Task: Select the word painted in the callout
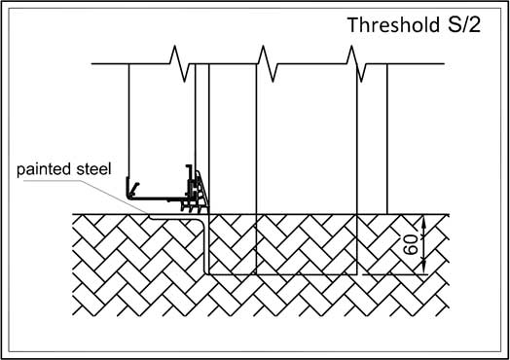tap(44, 169)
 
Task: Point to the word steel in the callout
tap(93, 169)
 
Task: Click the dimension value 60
tap(411, 244)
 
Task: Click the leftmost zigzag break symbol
tap(179, 64)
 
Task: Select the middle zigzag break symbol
tap(268, 64)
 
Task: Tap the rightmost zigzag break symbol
tap(356, 64)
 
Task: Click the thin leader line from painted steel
tap(86, 197)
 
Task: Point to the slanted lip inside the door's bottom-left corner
tap(134, 189)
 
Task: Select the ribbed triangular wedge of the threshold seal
tap(202, 191)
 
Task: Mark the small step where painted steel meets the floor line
tap(150, 216)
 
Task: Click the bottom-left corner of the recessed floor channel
tap(205, 272)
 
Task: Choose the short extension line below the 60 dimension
tap(394, 274)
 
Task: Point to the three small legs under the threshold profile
tap(191, 208)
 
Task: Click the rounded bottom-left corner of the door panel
tap(129, 196)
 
